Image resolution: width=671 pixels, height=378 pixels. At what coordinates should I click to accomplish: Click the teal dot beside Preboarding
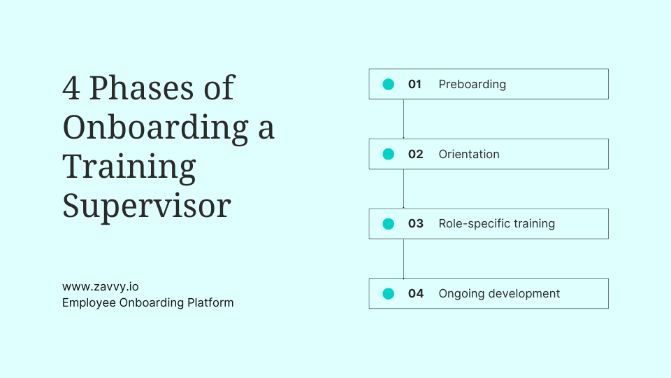coord(389,84)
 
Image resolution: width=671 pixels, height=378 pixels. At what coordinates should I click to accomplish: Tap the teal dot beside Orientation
coord(389,154)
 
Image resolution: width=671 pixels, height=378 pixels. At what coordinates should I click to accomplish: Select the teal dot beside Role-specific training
coord(389,224)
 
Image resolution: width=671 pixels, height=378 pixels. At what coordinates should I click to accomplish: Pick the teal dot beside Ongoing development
coord(389,294)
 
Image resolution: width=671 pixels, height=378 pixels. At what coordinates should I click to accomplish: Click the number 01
coord(415,84)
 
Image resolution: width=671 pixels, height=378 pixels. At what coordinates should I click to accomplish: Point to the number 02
coord(416,154)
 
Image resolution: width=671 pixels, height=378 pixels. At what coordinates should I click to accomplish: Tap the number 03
coord(416,224)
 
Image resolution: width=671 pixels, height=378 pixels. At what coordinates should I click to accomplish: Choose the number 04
coord(416,294)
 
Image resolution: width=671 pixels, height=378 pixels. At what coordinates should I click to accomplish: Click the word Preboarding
coord(472,84)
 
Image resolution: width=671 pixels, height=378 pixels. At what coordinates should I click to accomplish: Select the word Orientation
coord(469,154)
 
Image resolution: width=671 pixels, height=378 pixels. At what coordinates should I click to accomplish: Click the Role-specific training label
coord(496,224)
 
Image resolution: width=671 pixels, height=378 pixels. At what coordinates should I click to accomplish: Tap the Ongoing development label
coord(499,294)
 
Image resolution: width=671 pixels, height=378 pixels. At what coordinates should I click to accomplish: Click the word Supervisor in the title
coord(146,206)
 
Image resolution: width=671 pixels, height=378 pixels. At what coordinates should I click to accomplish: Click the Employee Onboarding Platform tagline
coord(147,302)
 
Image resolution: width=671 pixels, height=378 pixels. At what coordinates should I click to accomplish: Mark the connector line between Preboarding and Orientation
coord(403,119)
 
